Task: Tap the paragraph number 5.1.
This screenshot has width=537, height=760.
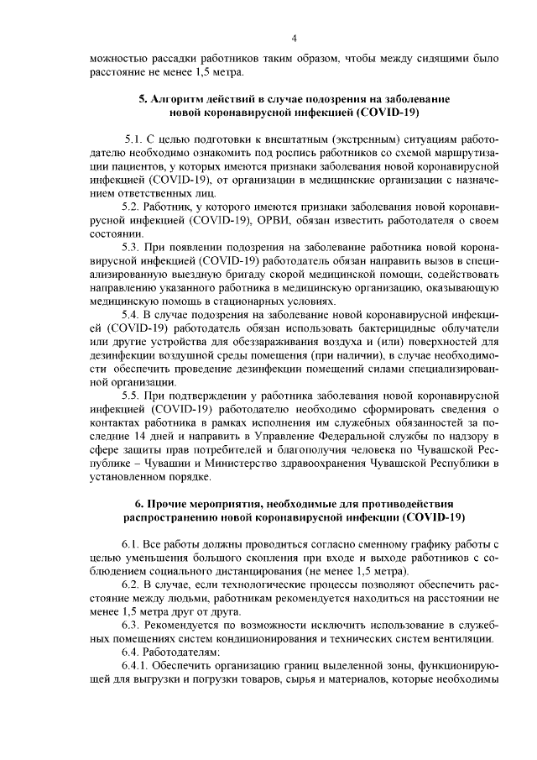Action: (133, 136)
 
